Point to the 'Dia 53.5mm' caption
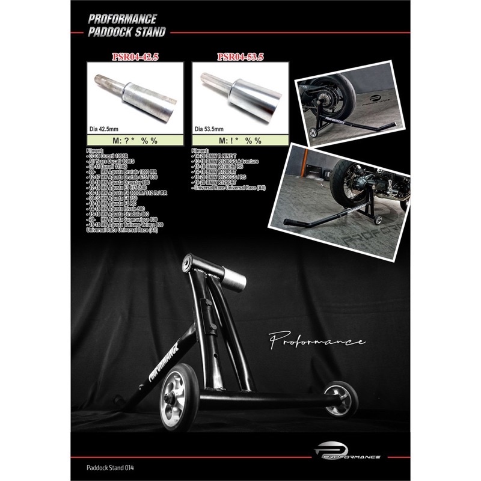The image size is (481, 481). tap(210, 128)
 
